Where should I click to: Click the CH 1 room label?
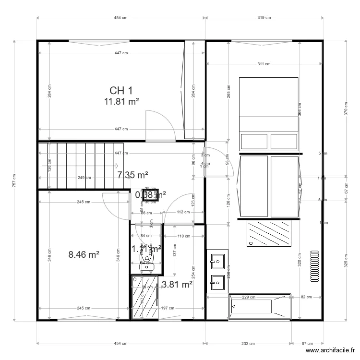[x=121, y=90]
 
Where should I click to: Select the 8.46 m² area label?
[x=84, y=254]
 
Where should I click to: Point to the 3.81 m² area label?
[x=178, y=284]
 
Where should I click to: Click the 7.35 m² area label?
[x=132, y=175]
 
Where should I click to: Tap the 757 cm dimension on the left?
[x=15, y=180]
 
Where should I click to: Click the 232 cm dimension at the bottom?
[x=248, y=344]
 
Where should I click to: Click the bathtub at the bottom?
[x=260, y=307]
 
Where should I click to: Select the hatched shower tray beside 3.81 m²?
[x=144, y=297]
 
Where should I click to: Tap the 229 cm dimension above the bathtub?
[x=248, y=297]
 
